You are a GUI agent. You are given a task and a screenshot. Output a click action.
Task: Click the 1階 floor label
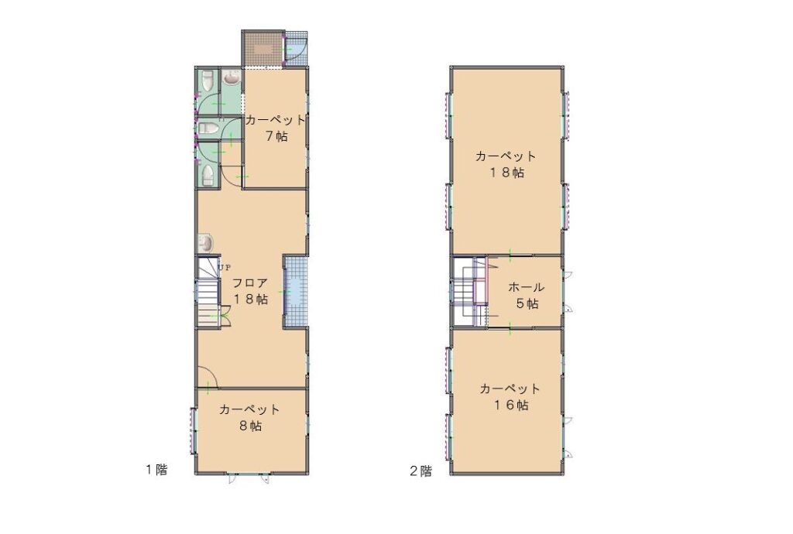(156, 470)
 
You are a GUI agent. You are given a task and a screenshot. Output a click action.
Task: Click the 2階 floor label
(421, 471)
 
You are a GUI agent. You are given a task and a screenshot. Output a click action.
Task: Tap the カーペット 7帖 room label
(276, 128)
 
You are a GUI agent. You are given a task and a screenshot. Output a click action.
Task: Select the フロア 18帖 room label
(249, 291)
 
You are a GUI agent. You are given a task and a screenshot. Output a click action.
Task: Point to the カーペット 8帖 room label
(249, 417)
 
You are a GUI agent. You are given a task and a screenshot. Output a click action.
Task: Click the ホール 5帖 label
(526, 296)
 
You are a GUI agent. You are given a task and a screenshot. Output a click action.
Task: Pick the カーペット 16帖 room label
(510, 396)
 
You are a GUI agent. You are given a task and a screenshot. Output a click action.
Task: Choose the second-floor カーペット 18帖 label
(506, 164)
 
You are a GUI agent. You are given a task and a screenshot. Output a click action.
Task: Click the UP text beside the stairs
(225, 267)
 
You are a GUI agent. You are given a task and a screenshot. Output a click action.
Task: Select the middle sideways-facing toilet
(208, 128)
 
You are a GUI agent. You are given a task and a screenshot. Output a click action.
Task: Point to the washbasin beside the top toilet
(231, 78)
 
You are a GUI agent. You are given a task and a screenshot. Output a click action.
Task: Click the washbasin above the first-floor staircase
(205, 243)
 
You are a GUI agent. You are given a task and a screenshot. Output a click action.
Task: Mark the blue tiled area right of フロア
(294, 293)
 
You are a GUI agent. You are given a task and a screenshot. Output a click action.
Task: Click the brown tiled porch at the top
(262, 49)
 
